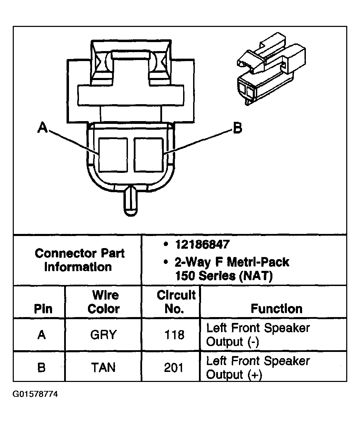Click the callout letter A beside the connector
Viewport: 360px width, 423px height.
pyautogui.click(x=42, y=127)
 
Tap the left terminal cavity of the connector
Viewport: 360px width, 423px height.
pyautogui.click(x=113, y=155)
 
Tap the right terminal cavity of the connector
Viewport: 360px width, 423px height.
pyautogui.click(x=149, y=155)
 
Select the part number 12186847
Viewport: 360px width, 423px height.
pyautogui.click(x=202, y=245)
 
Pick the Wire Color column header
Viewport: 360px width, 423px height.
pyautogui.click(x=103, y=302)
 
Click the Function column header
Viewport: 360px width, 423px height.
pyautogui.click(x=276, y=308)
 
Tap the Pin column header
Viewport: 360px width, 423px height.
pyautogui.click(x=43, y=309)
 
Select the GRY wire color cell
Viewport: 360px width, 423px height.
pyautogui.click(x=103, y=335)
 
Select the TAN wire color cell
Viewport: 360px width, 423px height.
pyautogui.click(x=103, y=367)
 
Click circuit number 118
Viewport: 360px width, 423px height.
pyautogui.click(x=174, y=335)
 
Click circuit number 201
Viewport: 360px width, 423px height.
pyautogui.click(x=174, y=367)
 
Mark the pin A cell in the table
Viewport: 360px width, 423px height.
pyautogui.click(x=41, y=335)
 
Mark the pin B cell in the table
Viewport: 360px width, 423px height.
pyautogui.click(x=41, y=367)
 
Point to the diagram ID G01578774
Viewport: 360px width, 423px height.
pyautogui.click(x=35, y=394)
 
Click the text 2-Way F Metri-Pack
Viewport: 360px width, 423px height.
pyautogui.click(x=232, y=263)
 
